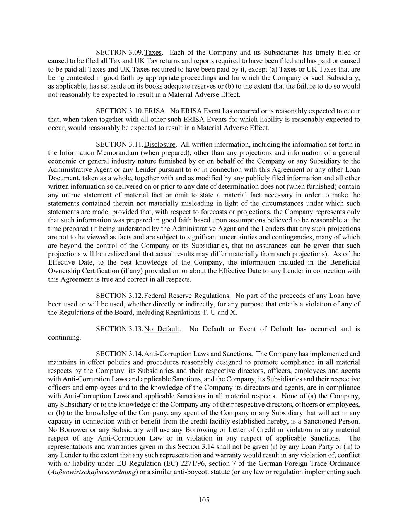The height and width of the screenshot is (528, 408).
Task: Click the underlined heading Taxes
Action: point(153,53)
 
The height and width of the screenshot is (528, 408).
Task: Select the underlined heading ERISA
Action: point(154,111)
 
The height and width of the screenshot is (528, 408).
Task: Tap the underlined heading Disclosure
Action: point(160,145)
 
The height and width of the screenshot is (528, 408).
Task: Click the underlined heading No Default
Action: point(162,329)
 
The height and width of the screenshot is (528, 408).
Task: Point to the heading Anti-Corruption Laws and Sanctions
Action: point(197,354)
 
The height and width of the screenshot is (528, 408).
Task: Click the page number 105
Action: point(204,500)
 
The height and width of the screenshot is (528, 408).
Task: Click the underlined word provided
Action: point(125,212)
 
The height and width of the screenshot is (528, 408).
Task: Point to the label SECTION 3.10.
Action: point(119,111)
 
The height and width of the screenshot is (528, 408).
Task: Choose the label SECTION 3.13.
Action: point(119,329)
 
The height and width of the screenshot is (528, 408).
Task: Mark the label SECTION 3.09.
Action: point(119,53)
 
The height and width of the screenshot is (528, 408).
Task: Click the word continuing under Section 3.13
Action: point(64,338)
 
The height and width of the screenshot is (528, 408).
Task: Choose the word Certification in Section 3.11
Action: point(99,271)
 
